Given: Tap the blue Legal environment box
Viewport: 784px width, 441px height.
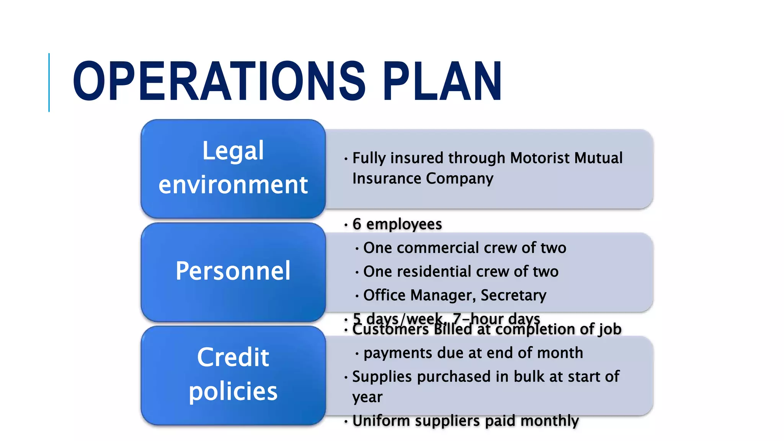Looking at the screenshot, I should click(x=233, y=168).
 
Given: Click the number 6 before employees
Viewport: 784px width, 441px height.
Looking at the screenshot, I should click(x=357, y=224).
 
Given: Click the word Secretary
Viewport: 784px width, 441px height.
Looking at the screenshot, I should click(x=513, y=295).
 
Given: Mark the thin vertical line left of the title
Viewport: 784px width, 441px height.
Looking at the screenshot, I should click(x=49, y=82).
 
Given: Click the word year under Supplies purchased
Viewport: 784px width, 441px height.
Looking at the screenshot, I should click(x=367, y=397).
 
